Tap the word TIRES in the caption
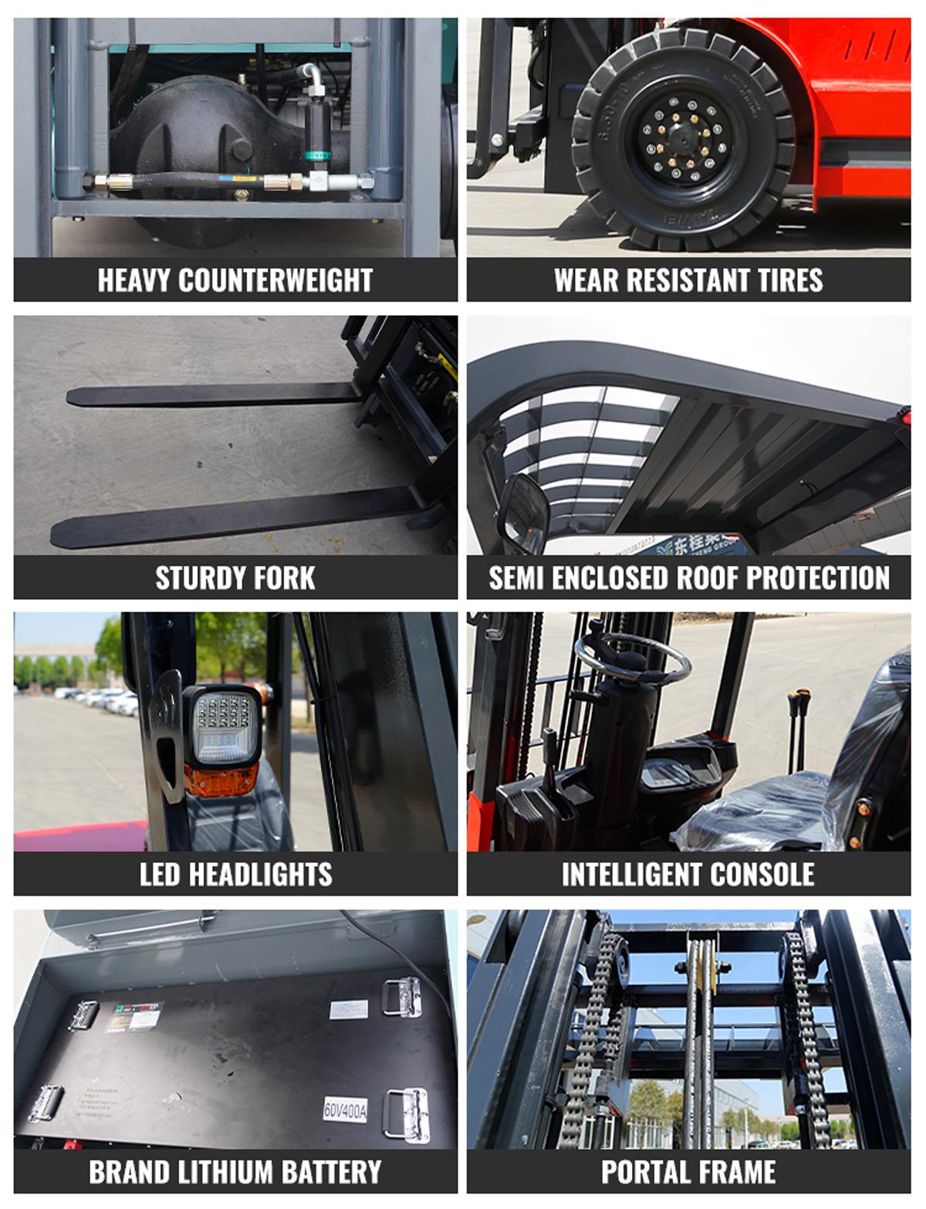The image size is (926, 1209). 789,280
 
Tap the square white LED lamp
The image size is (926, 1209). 222,725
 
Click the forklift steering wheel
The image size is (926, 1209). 642,657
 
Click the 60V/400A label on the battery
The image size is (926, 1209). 345,1109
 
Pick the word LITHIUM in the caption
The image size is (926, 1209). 225,1172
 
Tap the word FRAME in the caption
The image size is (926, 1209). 735,1172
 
